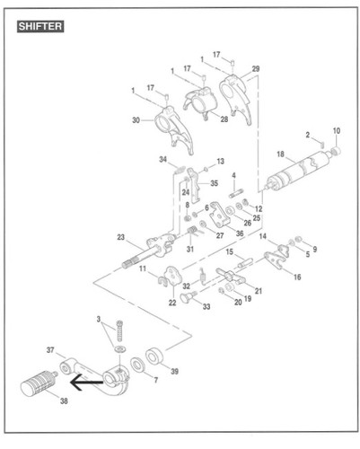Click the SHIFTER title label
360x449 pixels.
pos(40,26)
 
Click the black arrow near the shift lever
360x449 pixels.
pos(86,382)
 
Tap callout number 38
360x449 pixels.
pos(64,401)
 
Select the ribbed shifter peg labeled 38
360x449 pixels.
pos(39,383)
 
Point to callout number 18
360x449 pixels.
pos(280,154)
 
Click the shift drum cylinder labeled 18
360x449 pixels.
pos(299,171)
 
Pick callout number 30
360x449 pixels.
pos(136,120)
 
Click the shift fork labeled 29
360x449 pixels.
pos(235,98)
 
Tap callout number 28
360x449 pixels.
pos(224,119)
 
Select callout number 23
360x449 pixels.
pos(120,237)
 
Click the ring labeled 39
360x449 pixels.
pos(155,357)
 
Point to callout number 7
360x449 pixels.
pos(155,380)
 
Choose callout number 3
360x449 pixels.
pos(99,319)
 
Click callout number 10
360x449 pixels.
pos(337,131)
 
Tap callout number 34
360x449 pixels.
pos(162,159)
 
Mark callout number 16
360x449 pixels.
pos(297,277)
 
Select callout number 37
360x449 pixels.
pos(50,349)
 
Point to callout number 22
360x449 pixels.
pos(172,303)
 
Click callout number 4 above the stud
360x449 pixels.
pos(233,175)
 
